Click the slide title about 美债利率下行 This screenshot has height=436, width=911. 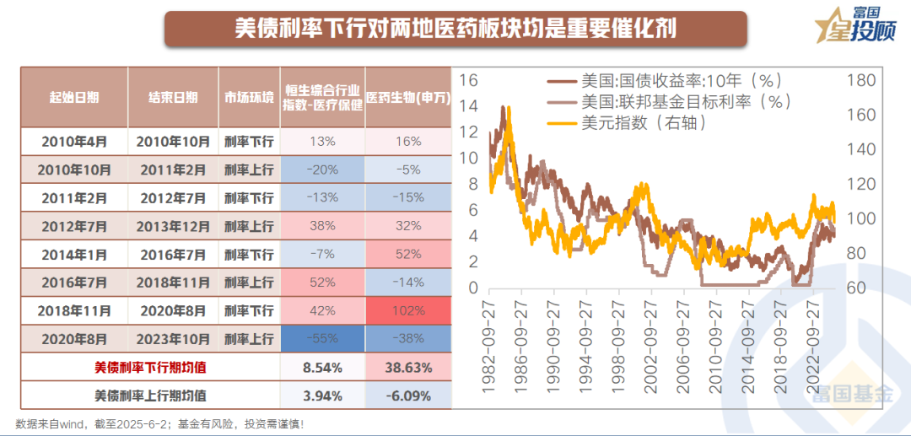coord(455,30)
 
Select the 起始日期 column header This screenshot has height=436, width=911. coord(74,97)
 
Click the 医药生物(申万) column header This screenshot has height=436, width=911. coord(409,97)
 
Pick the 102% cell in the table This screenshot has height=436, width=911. coord(409,310)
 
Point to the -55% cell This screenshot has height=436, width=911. coord(322,338)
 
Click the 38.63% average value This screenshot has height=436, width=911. coord(409,368)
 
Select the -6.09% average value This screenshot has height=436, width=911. coord(409,395)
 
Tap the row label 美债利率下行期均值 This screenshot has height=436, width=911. coord(149,368)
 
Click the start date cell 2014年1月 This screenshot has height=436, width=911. coord(74,254)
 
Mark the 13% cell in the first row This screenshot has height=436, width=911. coord(322,141)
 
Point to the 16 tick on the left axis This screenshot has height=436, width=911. coord(469,81)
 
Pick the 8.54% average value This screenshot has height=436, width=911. coord(322,368)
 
